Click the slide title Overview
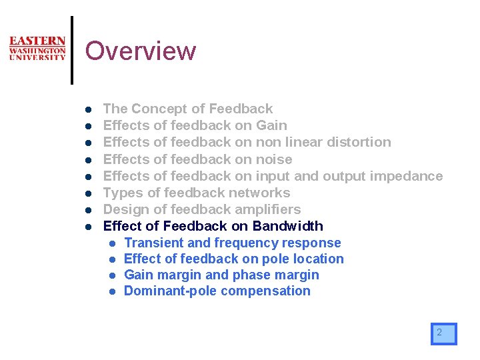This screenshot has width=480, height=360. pyautogui.click(x=141, y=51)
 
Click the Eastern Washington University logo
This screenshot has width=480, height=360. pyautogui.click(x=37, y=49)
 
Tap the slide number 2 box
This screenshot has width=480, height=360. pyautogui.click(x=443, y=333)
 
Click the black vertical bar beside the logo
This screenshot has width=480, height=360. pyautogui.click(x=72, y=51)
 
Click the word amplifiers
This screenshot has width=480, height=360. pyautogui.click(x=266, y=209)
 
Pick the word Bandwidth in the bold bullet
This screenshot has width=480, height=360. pyautogui.click(x=288, y=226)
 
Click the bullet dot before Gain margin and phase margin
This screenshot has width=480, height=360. pyautogui.click(x=114, y=275)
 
